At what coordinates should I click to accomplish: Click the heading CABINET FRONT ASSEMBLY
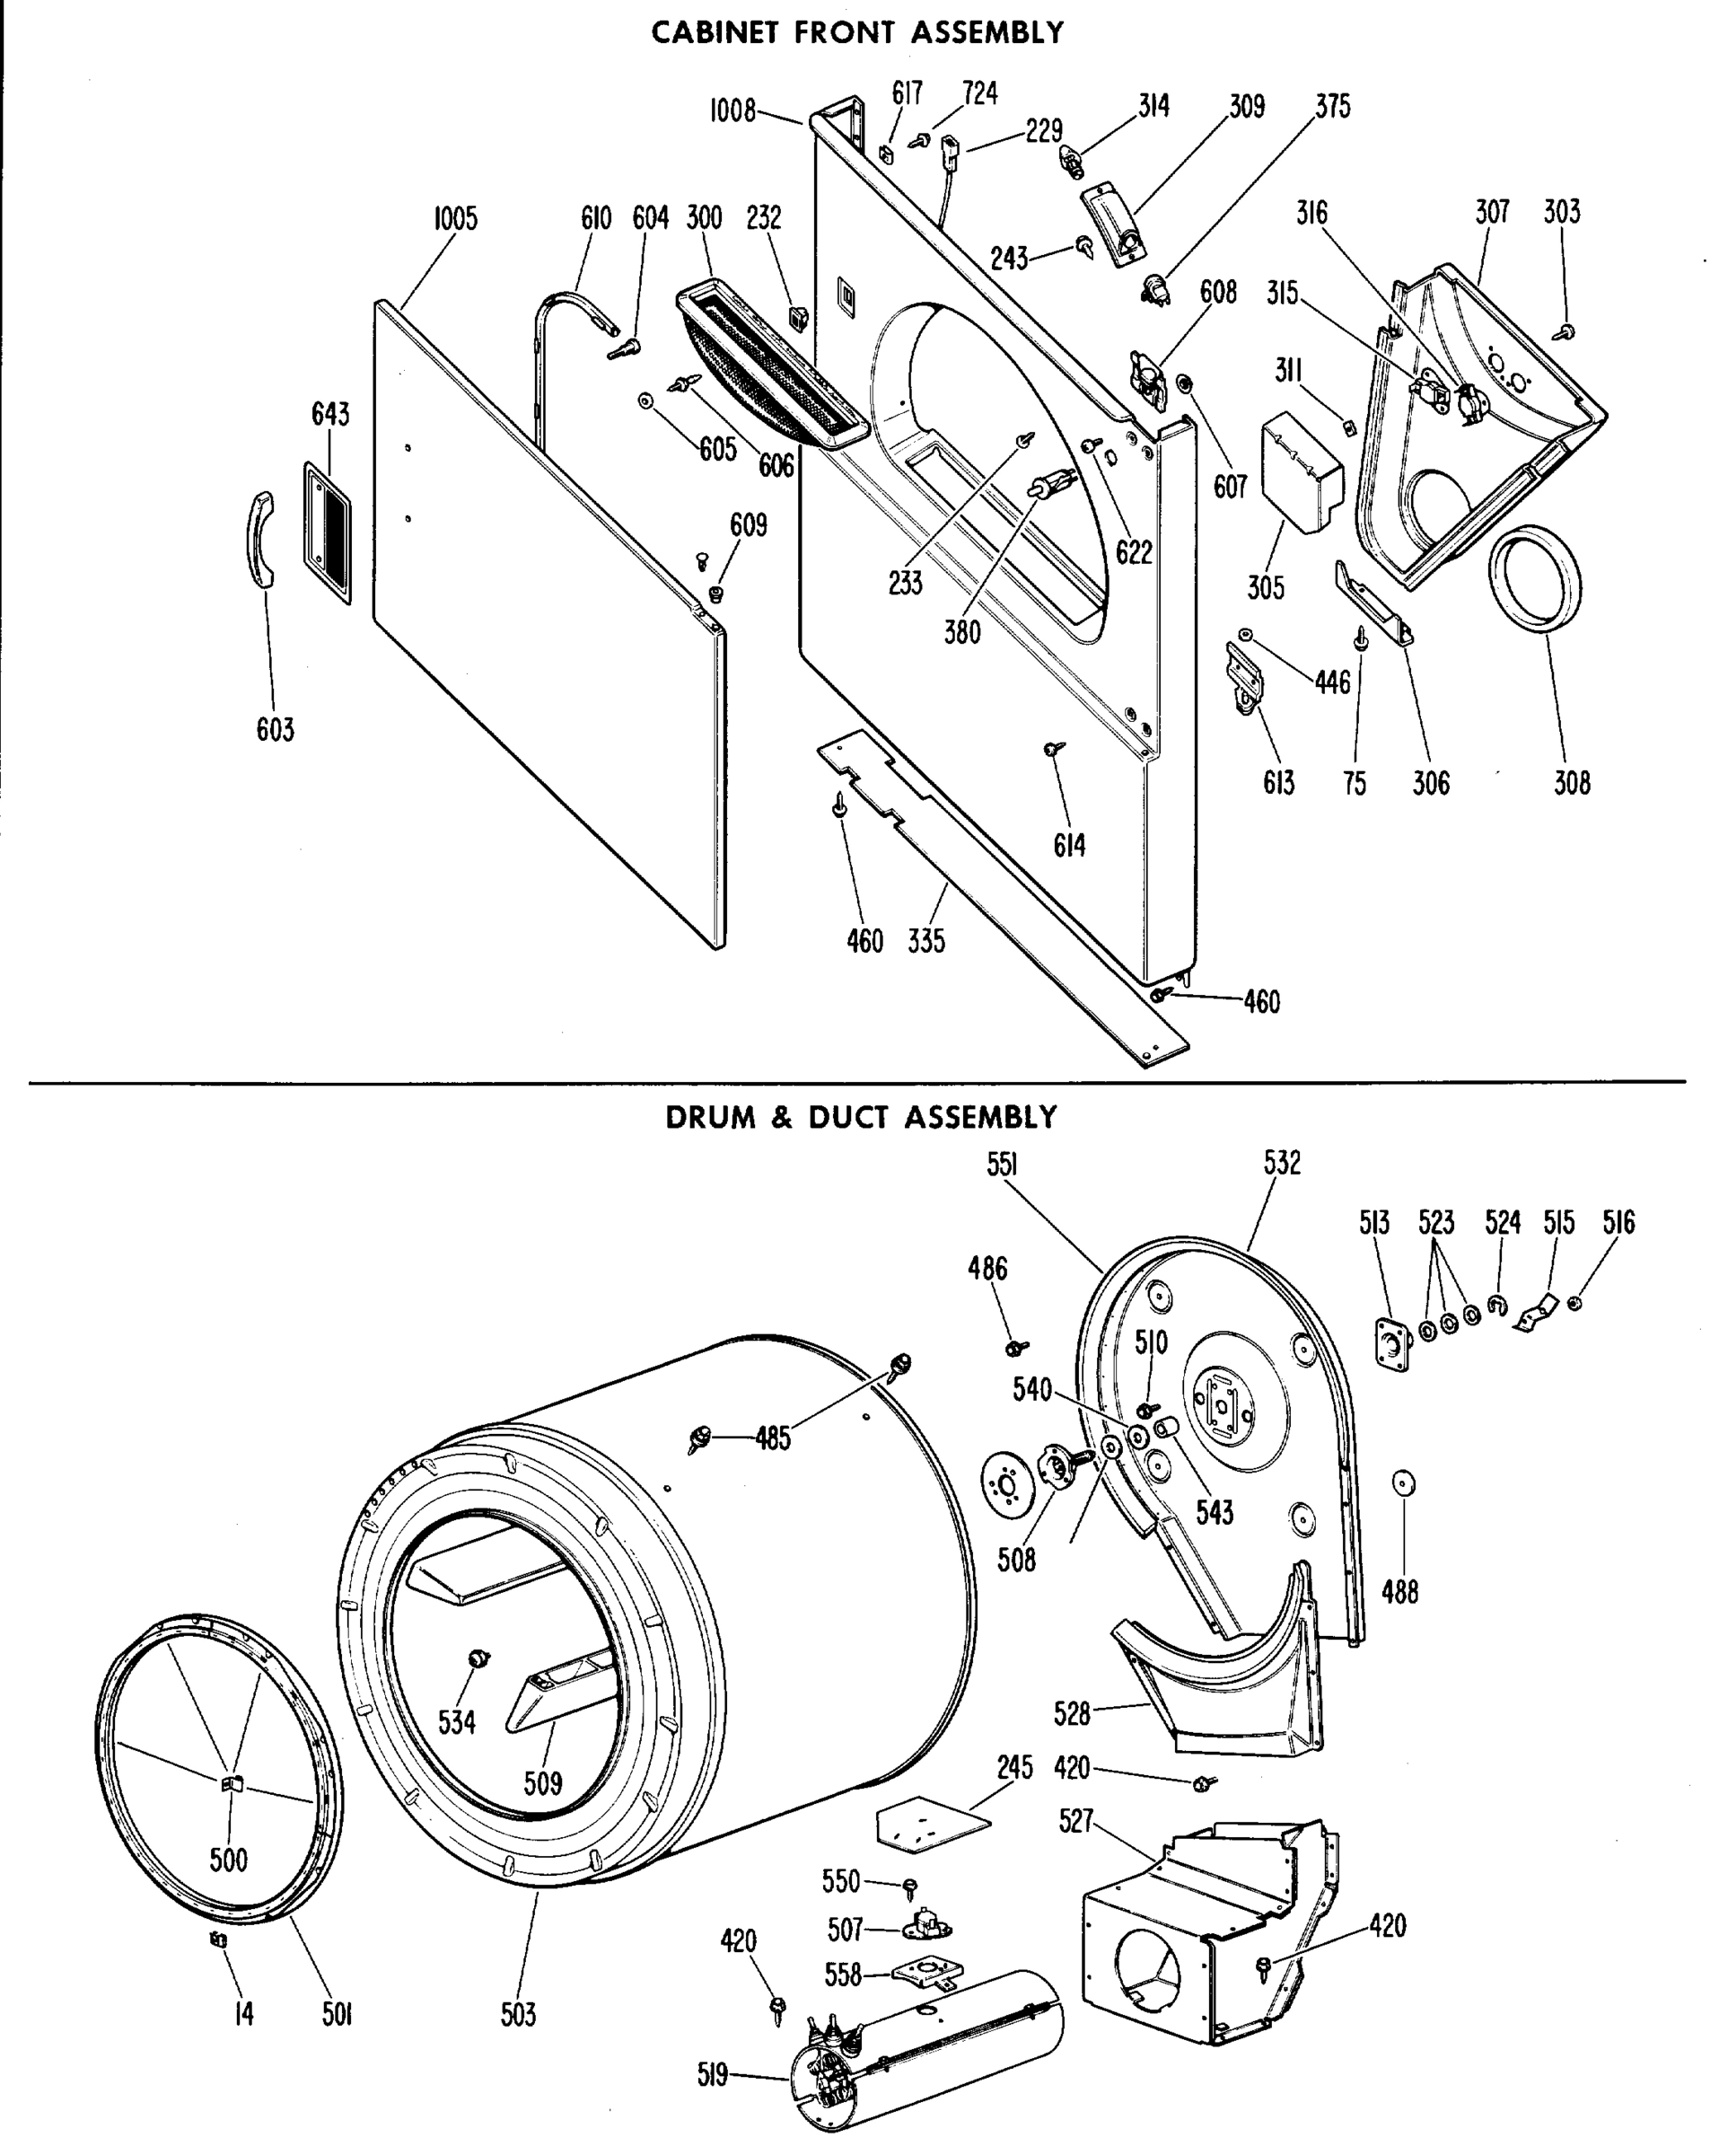click(857, 33)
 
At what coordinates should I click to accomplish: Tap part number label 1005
click(455, 219)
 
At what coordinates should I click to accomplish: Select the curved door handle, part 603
click(261, 540)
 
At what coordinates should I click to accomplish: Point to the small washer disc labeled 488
click(1403, 1483)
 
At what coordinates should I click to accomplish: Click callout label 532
click(1282, 1163)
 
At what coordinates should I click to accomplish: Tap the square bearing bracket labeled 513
click(1391, 1343)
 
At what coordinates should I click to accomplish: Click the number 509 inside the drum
click(543, 1782)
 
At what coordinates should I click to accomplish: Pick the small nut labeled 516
click(1574, 1304)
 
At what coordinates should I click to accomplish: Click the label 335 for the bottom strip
click(926, 940)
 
